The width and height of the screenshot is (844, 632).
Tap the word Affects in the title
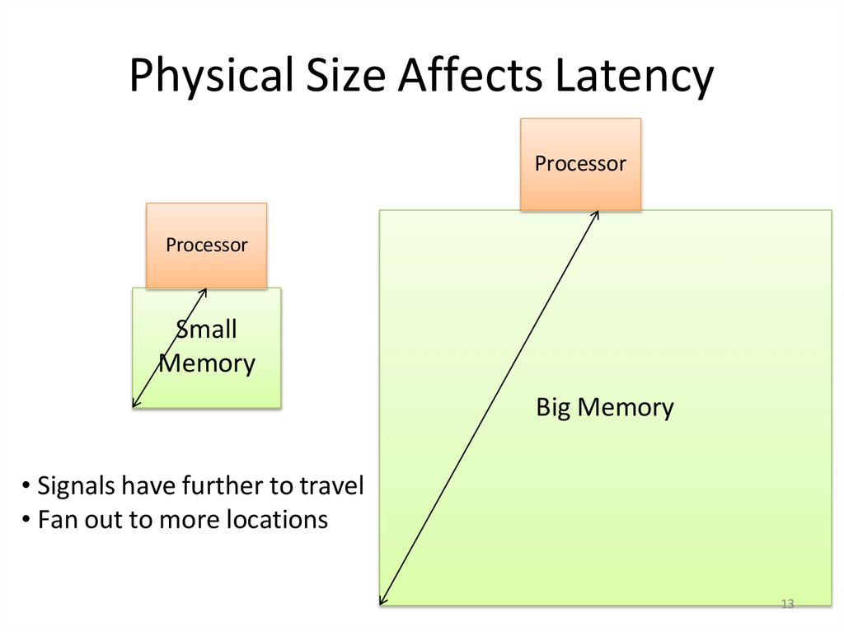tap(466, 76)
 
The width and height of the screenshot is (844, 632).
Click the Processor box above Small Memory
tap(206, 246)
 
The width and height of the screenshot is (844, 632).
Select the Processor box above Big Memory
tap(580, 164)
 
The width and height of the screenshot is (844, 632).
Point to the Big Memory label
tap(604, 407)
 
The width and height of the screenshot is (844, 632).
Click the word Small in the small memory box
tap(206, 330)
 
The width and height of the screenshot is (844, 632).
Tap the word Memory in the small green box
tap(207, 363)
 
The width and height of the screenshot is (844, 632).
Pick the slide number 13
tap(786, 606)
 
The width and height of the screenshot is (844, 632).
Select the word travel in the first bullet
tap(331, 486)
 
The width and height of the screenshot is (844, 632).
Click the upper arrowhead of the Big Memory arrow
tap(597, 213)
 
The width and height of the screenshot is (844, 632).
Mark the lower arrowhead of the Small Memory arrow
tap(134, 404)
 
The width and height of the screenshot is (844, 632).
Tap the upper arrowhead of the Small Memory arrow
tap(204, 291)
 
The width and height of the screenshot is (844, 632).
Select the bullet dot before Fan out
tap(26, 521)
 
